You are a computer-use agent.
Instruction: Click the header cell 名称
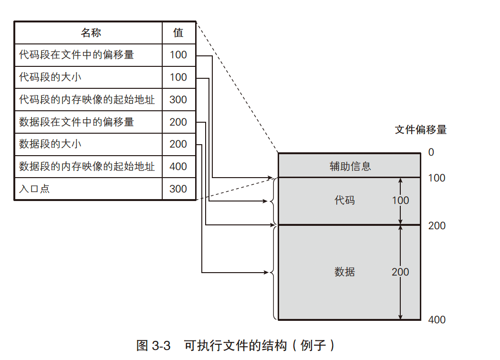(91, 32)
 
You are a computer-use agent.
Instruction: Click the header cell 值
(178, 32)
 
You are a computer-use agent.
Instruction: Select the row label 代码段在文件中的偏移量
(76, 55)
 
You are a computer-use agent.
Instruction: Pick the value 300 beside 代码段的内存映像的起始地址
(178, 100)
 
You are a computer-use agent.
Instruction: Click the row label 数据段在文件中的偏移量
(76, 122)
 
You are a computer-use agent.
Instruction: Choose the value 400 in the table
(178, 167)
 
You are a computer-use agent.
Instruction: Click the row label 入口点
(34, 189)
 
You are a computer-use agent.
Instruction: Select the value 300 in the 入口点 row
(178, 189)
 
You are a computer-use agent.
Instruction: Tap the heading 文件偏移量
(421, 130)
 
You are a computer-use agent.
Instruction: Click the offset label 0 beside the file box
(431, 152)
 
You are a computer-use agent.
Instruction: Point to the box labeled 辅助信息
(350, 166)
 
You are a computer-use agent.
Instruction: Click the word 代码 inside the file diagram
(344, 201)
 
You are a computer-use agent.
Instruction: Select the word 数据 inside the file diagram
(344, 272)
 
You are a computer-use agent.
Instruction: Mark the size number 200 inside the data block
(400, 272)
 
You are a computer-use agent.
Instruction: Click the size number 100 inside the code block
(400, 201)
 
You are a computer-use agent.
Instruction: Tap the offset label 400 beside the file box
(437, 320)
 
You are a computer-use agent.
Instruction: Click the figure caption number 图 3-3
(153, 346)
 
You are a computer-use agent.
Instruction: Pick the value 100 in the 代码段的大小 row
(178, 77)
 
